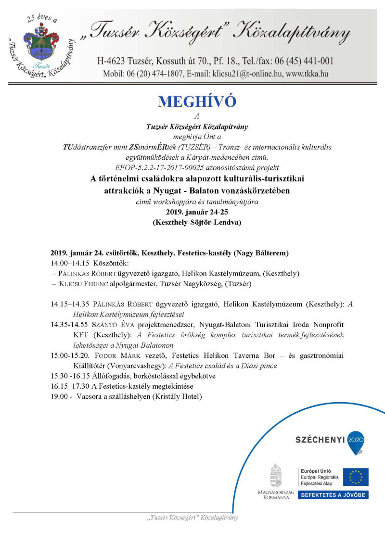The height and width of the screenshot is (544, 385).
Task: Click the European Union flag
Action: click(356, 477)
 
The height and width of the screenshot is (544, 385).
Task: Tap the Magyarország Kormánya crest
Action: click(276, 477)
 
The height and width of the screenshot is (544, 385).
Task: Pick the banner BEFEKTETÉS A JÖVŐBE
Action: click(333, 494)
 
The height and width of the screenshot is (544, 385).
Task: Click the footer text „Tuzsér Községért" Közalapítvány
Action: click(192, 518)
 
